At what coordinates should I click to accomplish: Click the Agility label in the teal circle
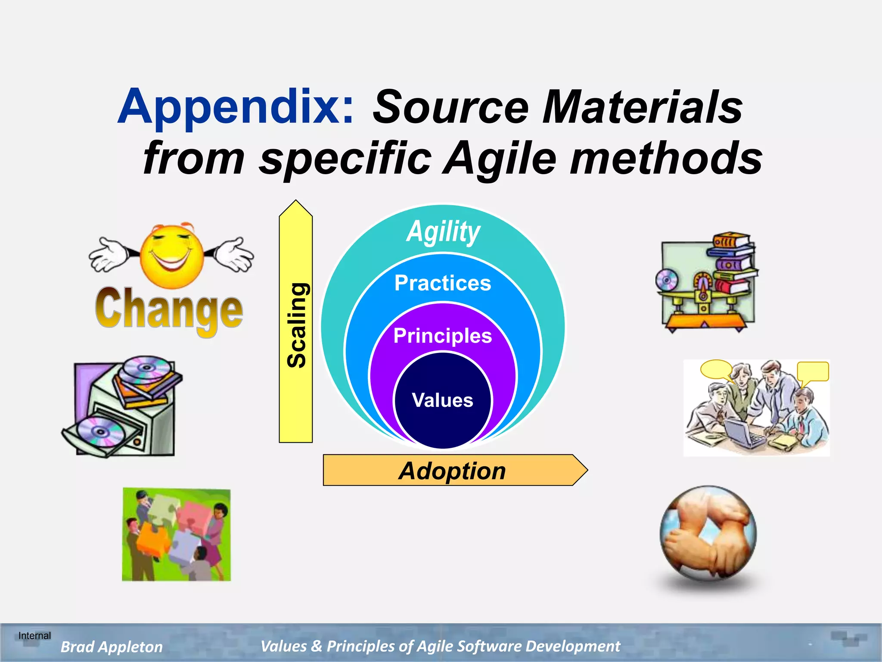coord(443,232)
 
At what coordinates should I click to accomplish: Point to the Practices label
coord(443,283)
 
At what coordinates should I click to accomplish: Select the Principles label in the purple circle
coord(443,336)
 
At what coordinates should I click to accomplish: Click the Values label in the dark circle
coord(442,400)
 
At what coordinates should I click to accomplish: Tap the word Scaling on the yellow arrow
coord(296,325)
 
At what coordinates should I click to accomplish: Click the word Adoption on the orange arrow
coord(452,471)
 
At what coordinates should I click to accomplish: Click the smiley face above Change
coord(172,256)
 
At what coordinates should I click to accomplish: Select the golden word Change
coord(169,309)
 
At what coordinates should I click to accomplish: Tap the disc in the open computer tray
coord(100,431)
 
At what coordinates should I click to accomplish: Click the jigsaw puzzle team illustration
coord(177,534)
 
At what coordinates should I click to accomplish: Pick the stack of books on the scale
coord(734,263)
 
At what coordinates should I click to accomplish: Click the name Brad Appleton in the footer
coord(112,647)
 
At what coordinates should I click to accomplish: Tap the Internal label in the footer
coord(34,636)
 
